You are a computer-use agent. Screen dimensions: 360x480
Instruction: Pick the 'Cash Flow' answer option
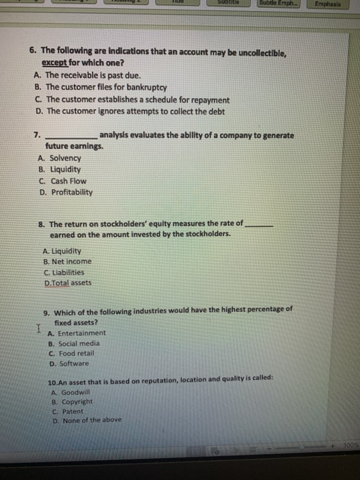69,181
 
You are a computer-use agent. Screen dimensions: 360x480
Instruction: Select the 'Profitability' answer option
71,193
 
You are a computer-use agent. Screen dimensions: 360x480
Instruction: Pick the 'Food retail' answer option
76,354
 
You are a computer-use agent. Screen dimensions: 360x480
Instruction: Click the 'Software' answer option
74,364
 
